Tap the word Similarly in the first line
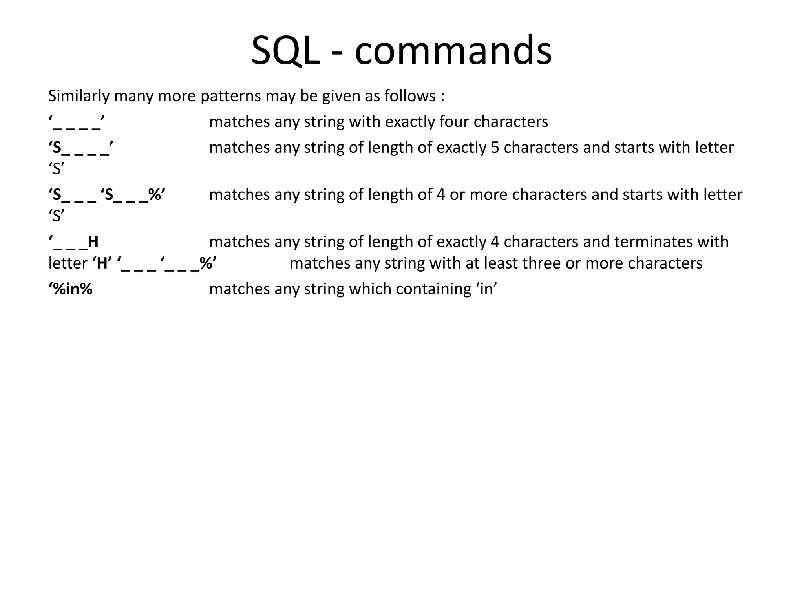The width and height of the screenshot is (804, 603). [79, 96]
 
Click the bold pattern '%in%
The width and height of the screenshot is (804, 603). [71, 289]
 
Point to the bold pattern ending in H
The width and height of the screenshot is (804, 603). [74, 242]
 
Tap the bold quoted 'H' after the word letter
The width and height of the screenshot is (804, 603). [102, 263]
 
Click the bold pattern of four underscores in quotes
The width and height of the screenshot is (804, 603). [77, 122]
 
